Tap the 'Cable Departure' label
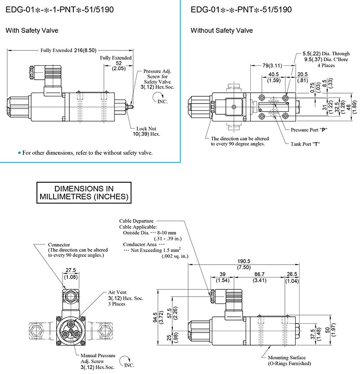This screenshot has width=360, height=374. point(136,221)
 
